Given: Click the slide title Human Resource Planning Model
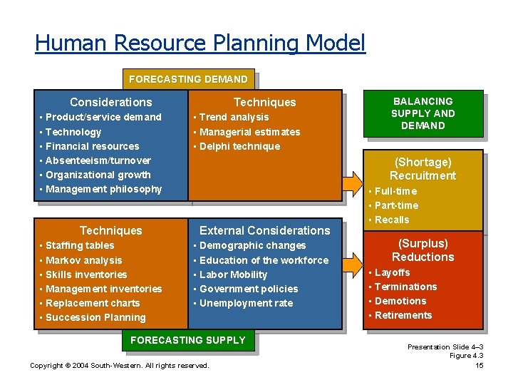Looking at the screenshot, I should coord(199,43).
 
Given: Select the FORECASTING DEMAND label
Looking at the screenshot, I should coord(188,79).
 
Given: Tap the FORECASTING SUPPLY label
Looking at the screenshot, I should coord(188,340).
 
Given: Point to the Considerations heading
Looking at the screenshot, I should coord(110,103).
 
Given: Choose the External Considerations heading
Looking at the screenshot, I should coord(264,230).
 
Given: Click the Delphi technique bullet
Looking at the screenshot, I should coord(239,146).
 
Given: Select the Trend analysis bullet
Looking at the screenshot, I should coord(234,117).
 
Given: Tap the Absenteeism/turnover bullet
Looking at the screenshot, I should coord(98,160).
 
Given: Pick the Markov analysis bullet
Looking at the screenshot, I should coord(83,260).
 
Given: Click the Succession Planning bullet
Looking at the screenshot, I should coord(95,317).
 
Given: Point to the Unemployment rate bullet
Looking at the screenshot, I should coord(246,303).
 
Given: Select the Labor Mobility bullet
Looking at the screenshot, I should coord(233,274).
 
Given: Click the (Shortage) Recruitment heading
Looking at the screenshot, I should coord(423,169).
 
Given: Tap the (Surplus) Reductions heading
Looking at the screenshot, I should coord(423,250).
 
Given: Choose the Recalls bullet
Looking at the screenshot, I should coord(391,220).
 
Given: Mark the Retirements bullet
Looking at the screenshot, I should coord(403,315).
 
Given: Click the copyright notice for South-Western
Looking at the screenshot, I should coord(120,366).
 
